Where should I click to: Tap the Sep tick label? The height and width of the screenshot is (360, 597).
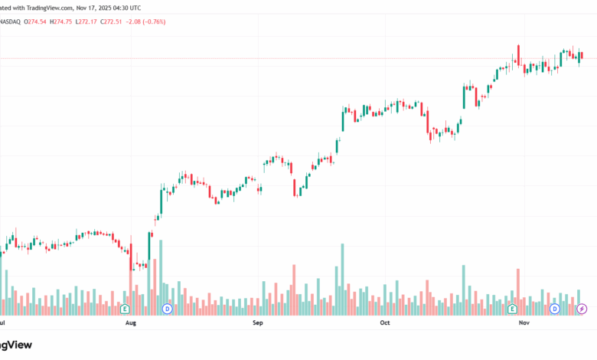pyautogui.click(x=258, y=324)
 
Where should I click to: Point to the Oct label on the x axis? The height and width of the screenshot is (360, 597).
pyautogui.click(x=385, y=324)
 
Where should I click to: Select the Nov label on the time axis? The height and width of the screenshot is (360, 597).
pyautogui.click(x=524, y=324)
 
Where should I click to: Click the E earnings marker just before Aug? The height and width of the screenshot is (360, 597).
pyautogui.click(x=125, y=309)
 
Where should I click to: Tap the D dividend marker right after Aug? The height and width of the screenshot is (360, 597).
pyautogui.click(x=168, y=309)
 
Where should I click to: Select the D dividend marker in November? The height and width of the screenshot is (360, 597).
pyautogui.click(x=555, y=309)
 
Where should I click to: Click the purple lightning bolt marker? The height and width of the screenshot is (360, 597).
pyautogui.click(x=581, y=309)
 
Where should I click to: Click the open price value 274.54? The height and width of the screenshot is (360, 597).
pyautogui.click(x=36, y=21)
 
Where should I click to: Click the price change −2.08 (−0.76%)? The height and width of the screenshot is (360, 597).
pyautogui.click(x=148, y=21)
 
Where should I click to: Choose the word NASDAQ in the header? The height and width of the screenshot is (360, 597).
pyautogui.click(x=11, y=21)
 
